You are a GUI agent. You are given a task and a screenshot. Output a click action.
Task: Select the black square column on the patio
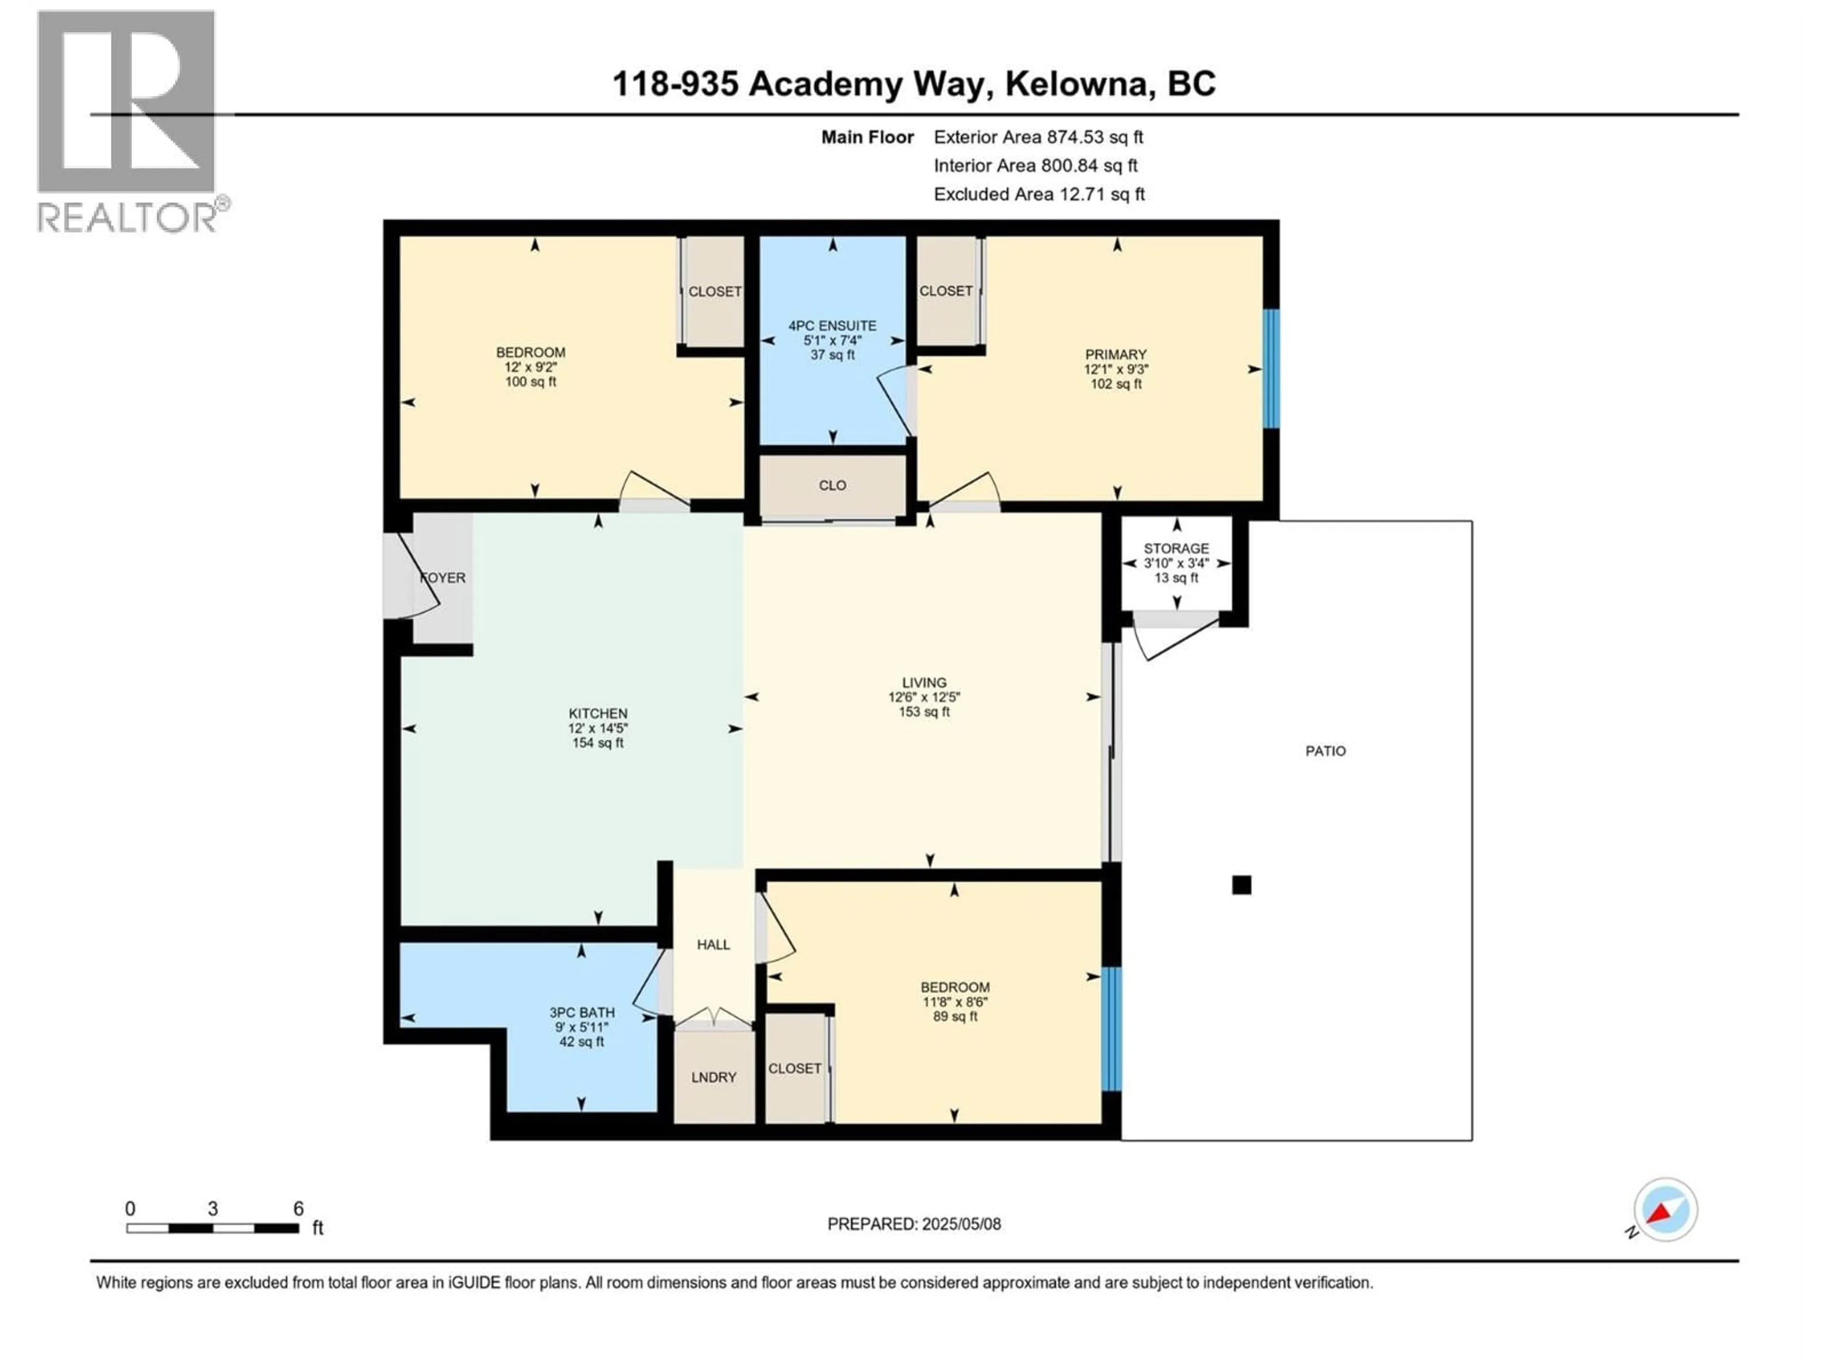click(x=1241, y=885)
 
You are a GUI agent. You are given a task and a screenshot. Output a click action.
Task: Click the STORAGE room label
click(x=1176, y=548)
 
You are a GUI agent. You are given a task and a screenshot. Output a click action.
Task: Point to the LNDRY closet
click(x=713, y=1077)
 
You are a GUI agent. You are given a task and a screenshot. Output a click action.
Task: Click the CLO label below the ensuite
click(x=832, y=485)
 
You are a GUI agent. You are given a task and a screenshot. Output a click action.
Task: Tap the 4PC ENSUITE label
click(x=832, y=326)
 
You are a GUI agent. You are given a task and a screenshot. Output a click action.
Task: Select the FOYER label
click(x=443, y=577)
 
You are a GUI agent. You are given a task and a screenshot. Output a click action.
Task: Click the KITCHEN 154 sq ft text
click(x=597, y=743)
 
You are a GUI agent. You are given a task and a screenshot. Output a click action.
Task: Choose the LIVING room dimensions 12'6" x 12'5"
click(x=924, y=697)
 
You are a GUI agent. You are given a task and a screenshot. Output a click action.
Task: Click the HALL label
click(x=713, y=944)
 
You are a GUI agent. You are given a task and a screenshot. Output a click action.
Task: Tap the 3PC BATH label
click(x=581, y=1012)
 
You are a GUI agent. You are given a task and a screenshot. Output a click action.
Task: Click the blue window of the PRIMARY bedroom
click(x=1271, y=369)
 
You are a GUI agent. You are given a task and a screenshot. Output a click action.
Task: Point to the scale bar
click(x=213, y=1228)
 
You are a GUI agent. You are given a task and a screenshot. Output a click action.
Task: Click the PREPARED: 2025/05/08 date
click(x=914, y=1224)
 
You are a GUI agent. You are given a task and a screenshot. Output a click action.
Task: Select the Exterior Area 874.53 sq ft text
click(x=1038, y=137)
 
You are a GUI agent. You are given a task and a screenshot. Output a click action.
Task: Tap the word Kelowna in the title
click(x=1079, y=83)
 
